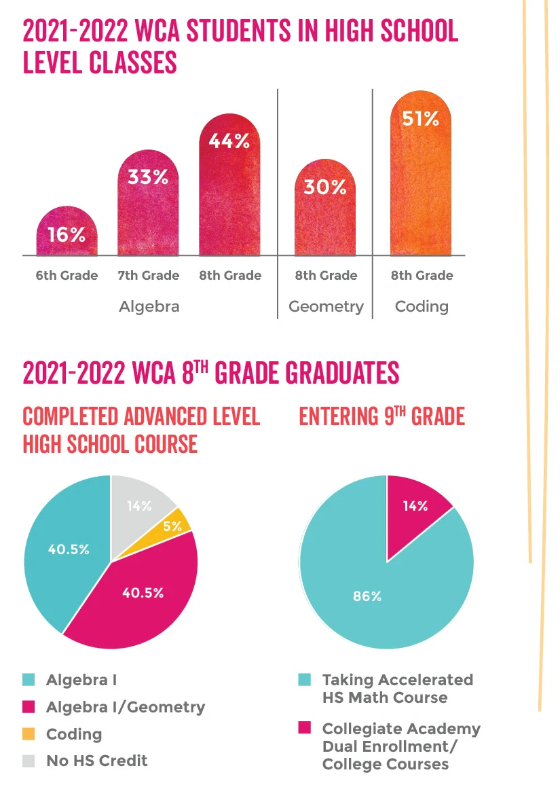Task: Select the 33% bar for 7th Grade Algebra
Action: coord(148,204)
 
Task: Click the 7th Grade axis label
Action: coord(148,275)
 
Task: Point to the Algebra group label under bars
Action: coord(149,306)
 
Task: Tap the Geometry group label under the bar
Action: coord(326,306)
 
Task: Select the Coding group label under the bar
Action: coord(422,306)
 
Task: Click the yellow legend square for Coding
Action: coord(29,734)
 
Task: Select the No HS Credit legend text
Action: coord(96,761)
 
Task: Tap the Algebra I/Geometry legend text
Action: coord(125,707)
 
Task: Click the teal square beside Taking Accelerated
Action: coord(305,680)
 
